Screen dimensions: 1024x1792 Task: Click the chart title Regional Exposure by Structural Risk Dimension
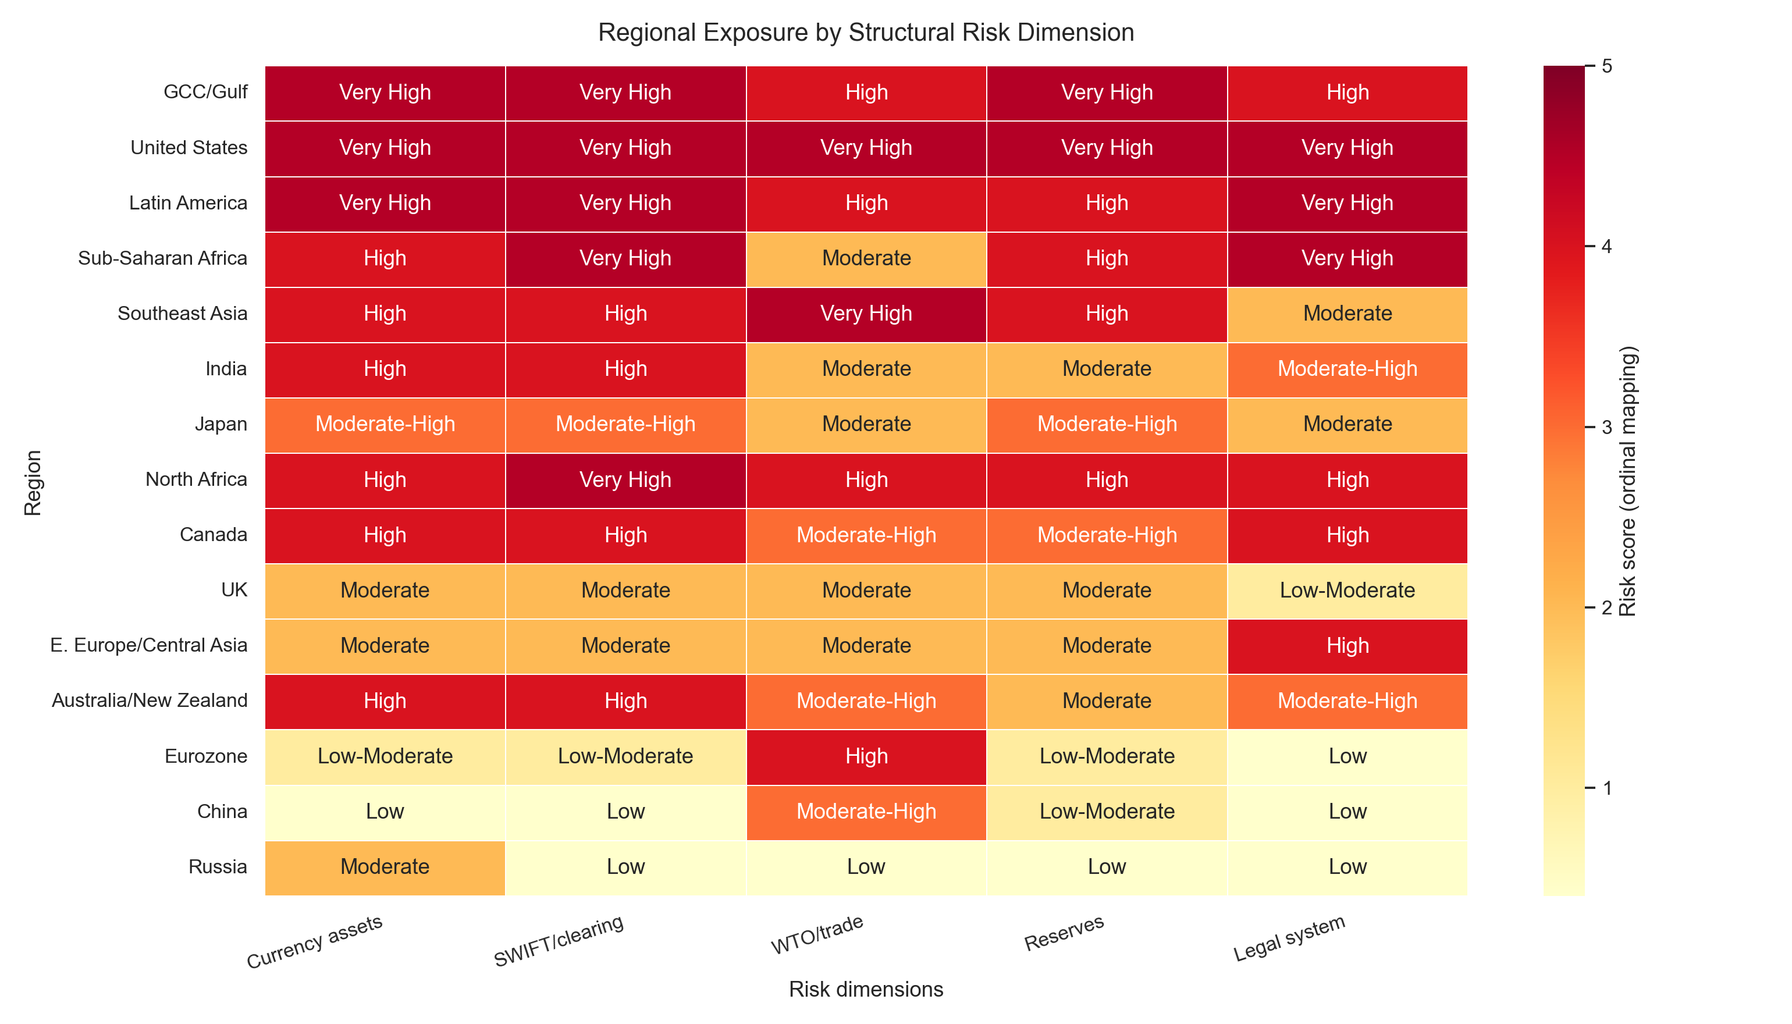pos(866,33)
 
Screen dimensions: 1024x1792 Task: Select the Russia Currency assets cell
pos(385,866)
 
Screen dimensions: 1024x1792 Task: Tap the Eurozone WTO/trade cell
pos(866,756)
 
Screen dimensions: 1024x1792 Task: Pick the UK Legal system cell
pos(1347,590)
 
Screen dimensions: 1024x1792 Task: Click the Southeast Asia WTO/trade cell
pos(866,314)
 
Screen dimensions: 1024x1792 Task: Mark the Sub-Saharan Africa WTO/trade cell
pos(866,258)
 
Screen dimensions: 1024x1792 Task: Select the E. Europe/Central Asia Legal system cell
pos(1347,646)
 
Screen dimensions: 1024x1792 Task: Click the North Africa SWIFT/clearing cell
pos(625,479)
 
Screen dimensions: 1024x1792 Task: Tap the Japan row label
pos(221,424)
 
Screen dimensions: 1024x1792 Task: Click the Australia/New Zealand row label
pos(149,701)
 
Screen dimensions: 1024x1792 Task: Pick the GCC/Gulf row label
pos(205,92)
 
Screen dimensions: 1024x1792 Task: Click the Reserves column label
pos(1064,933)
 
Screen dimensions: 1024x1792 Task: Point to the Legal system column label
pos(1289,938)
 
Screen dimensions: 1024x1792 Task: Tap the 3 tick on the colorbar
pos(1607,427)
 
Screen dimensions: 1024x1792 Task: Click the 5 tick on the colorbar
pos(1607,66)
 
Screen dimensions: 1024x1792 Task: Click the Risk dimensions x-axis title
pos(866,990)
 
